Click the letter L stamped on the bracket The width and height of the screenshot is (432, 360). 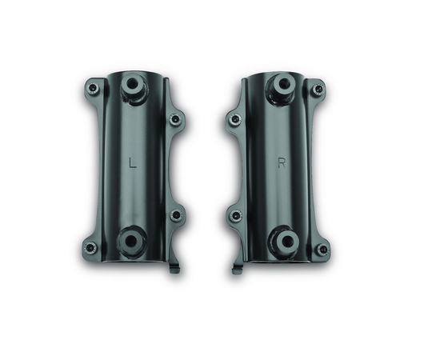[x=133, y=162]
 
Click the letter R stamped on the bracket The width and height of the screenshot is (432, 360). [x=282, y=163]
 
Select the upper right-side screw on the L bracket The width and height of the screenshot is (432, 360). [x=175, y=119]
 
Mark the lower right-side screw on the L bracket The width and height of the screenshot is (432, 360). [x=175, y=215]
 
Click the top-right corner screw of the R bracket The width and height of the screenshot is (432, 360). [x=318, y=88]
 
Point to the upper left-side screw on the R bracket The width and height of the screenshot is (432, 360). [x=235, y=119]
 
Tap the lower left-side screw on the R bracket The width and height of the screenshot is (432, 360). [x=235, y=216]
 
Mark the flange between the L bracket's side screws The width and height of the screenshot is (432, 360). [x=171, y=168]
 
